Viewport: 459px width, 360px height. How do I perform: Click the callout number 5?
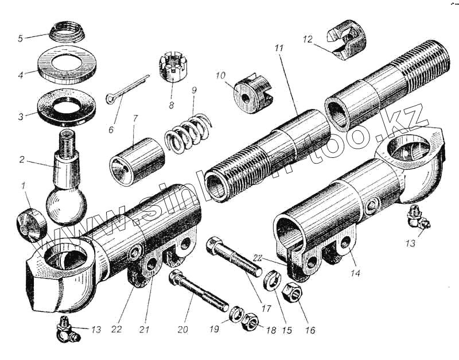20,39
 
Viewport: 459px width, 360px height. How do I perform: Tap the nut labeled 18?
251,321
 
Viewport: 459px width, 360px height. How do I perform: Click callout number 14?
356,273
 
